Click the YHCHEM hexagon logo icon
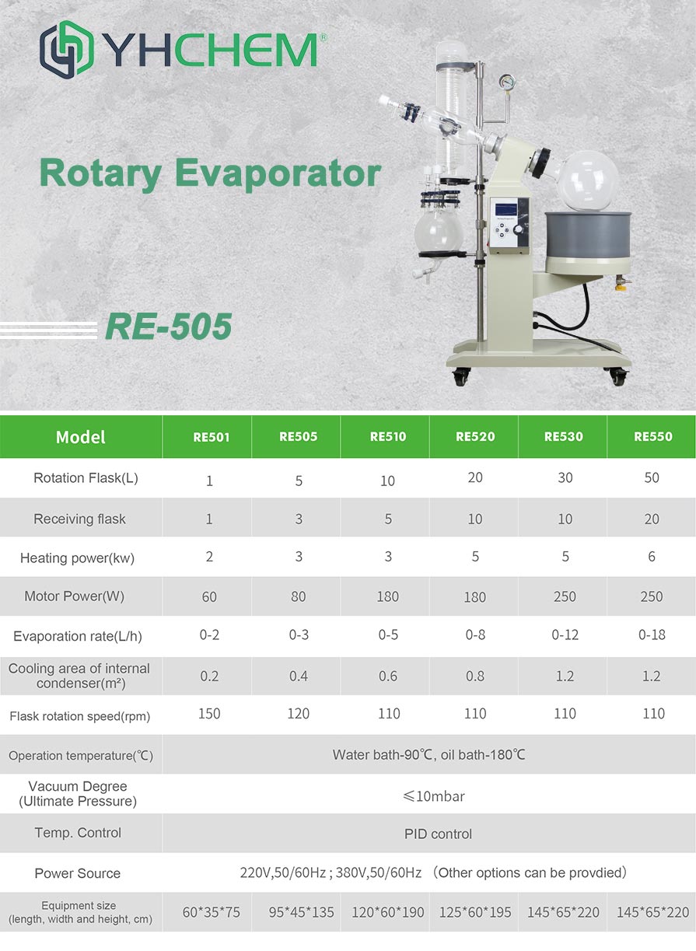pyautogui.click(x=67, y=50)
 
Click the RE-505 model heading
pyautogui.click(x=169, y=327)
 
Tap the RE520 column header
pyautogui.click(x=475, y=436)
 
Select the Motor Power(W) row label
pyautogui.click(x=75, y=596)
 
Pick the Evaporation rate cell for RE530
pyautogui.click(x=565, y=635)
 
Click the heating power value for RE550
pyautogui.click(x=652, y=556)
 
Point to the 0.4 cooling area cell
pyautogui.click(x=299, y=676)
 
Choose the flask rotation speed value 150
pyautogui.click(x=209, y=713)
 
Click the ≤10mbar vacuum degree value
pyautogui.click(x=434, y=796)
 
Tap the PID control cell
pyautogui.click(x=438, y=834)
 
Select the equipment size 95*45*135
pyautogui.click(x=301, y=912)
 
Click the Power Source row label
pyautogui.click(x=77, y=873)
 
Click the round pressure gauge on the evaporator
pyautogui.click(x=507, y=82)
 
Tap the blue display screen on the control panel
pyautogui.click(x=506, y=209)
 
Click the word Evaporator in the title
pyautogui.click(x=278, y=174)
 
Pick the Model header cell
pyautogui.click(x=81, y=437)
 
